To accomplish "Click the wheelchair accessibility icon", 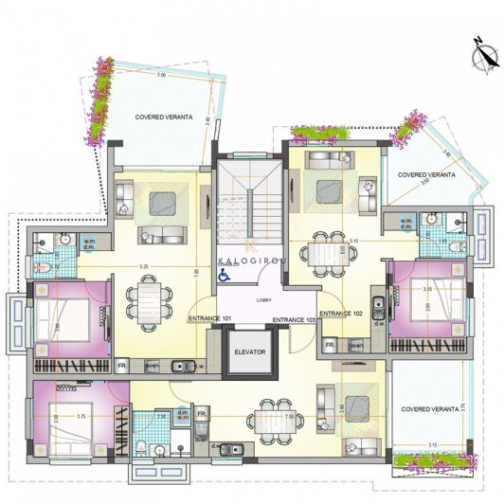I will pyautogui.click(x=225, y=276).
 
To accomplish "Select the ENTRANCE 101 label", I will pyautogui.click(x=212, y=318).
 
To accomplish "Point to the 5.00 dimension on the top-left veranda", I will pyautogui.click(x=161, y=75).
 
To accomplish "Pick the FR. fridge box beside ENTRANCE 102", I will pyautogui.click(x=331, y=346).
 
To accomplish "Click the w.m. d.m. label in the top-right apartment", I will pyautogui.click(x=406, y=225).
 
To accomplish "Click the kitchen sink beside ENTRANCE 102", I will pyautogui.click(x=379, y=306).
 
